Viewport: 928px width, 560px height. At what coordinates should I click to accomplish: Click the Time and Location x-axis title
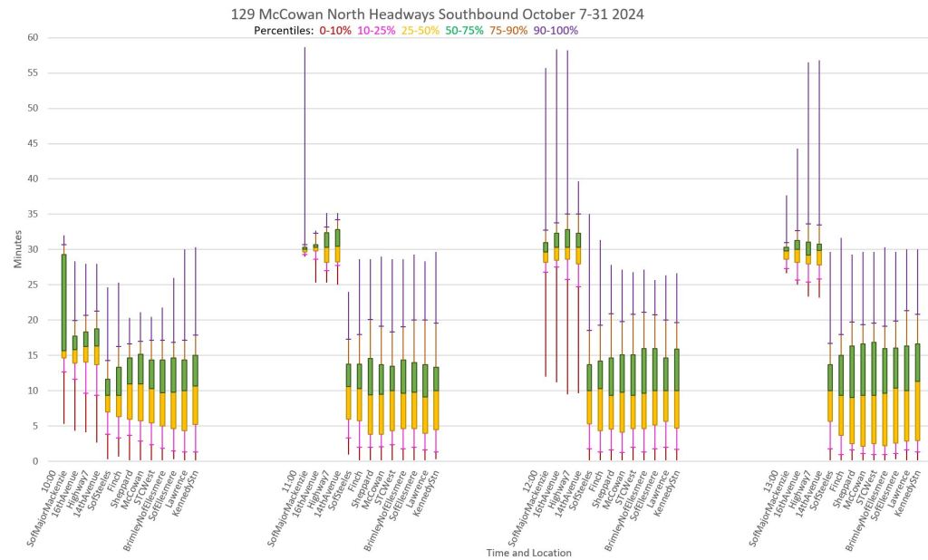click(527, 552)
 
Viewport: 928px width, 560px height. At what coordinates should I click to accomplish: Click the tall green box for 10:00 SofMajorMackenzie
click(63, 303)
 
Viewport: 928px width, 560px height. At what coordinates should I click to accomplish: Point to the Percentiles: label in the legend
click(283, 30)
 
